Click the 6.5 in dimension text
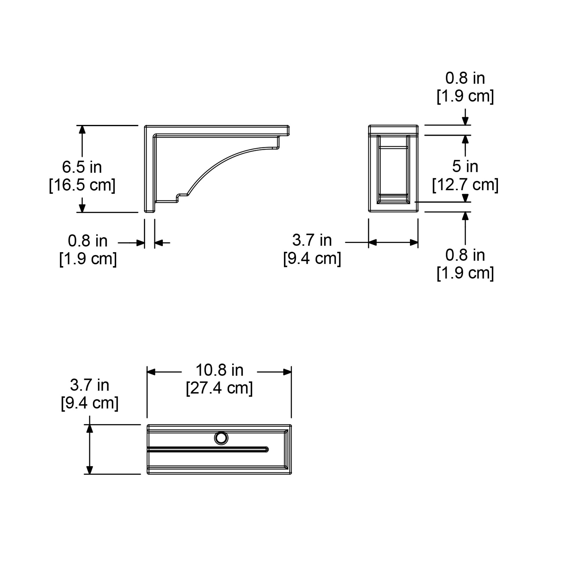[x=82, y=167]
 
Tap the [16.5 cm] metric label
[x=82, y=185]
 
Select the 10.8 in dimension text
[x=219, y=370]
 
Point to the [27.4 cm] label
[x=219, y=388]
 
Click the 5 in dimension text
[x=465, y=166]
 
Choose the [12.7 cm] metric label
[x=465, y=185]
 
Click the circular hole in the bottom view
[x=221, y=438]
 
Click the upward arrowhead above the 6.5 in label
[x=82, y=129]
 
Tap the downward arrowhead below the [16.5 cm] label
[x=82, y=208]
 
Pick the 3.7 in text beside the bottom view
[x=90, y=385]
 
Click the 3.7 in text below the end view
[x=312, y=240]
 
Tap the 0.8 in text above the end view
[x=465, y=78]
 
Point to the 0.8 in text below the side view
[x=88, y=241]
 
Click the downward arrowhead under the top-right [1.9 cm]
[x=465, y=121]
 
